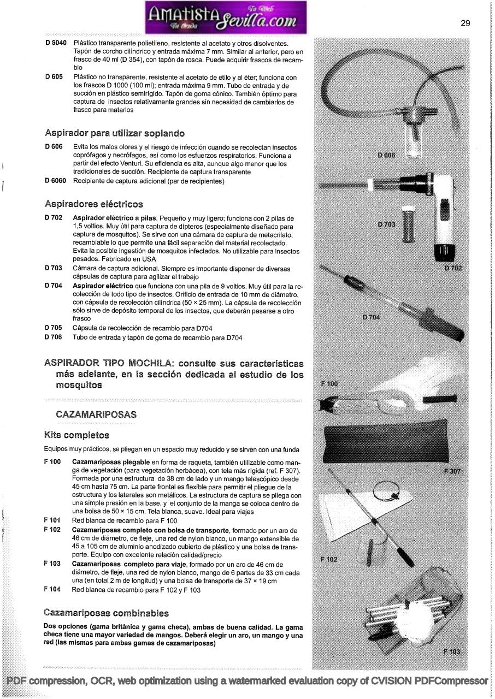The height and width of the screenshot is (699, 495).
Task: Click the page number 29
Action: click(465, 23)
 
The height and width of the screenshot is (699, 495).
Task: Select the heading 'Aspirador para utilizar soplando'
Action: click(115, 133)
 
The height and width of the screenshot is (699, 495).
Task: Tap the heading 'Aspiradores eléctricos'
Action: click(93, 204)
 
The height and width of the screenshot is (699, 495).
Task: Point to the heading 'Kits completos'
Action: click(76, 435)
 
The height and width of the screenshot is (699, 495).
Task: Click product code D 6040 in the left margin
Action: click(56, 43)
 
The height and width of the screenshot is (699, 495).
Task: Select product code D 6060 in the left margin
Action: click(56, 181)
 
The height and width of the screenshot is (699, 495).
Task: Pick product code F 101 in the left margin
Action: click(52, 520)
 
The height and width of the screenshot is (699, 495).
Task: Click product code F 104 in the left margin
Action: click(52, 590)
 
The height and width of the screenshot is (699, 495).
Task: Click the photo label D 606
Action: click(386, 155)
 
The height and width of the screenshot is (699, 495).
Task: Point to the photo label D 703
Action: click(387, 224)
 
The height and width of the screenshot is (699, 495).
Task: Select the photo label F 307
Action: click(453, 471)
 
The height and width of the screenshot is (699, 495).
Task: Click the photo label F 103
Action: click(452, 651)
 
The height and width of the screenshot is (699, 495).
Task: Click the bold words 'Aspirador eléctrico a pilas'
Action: click(110, 218)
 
